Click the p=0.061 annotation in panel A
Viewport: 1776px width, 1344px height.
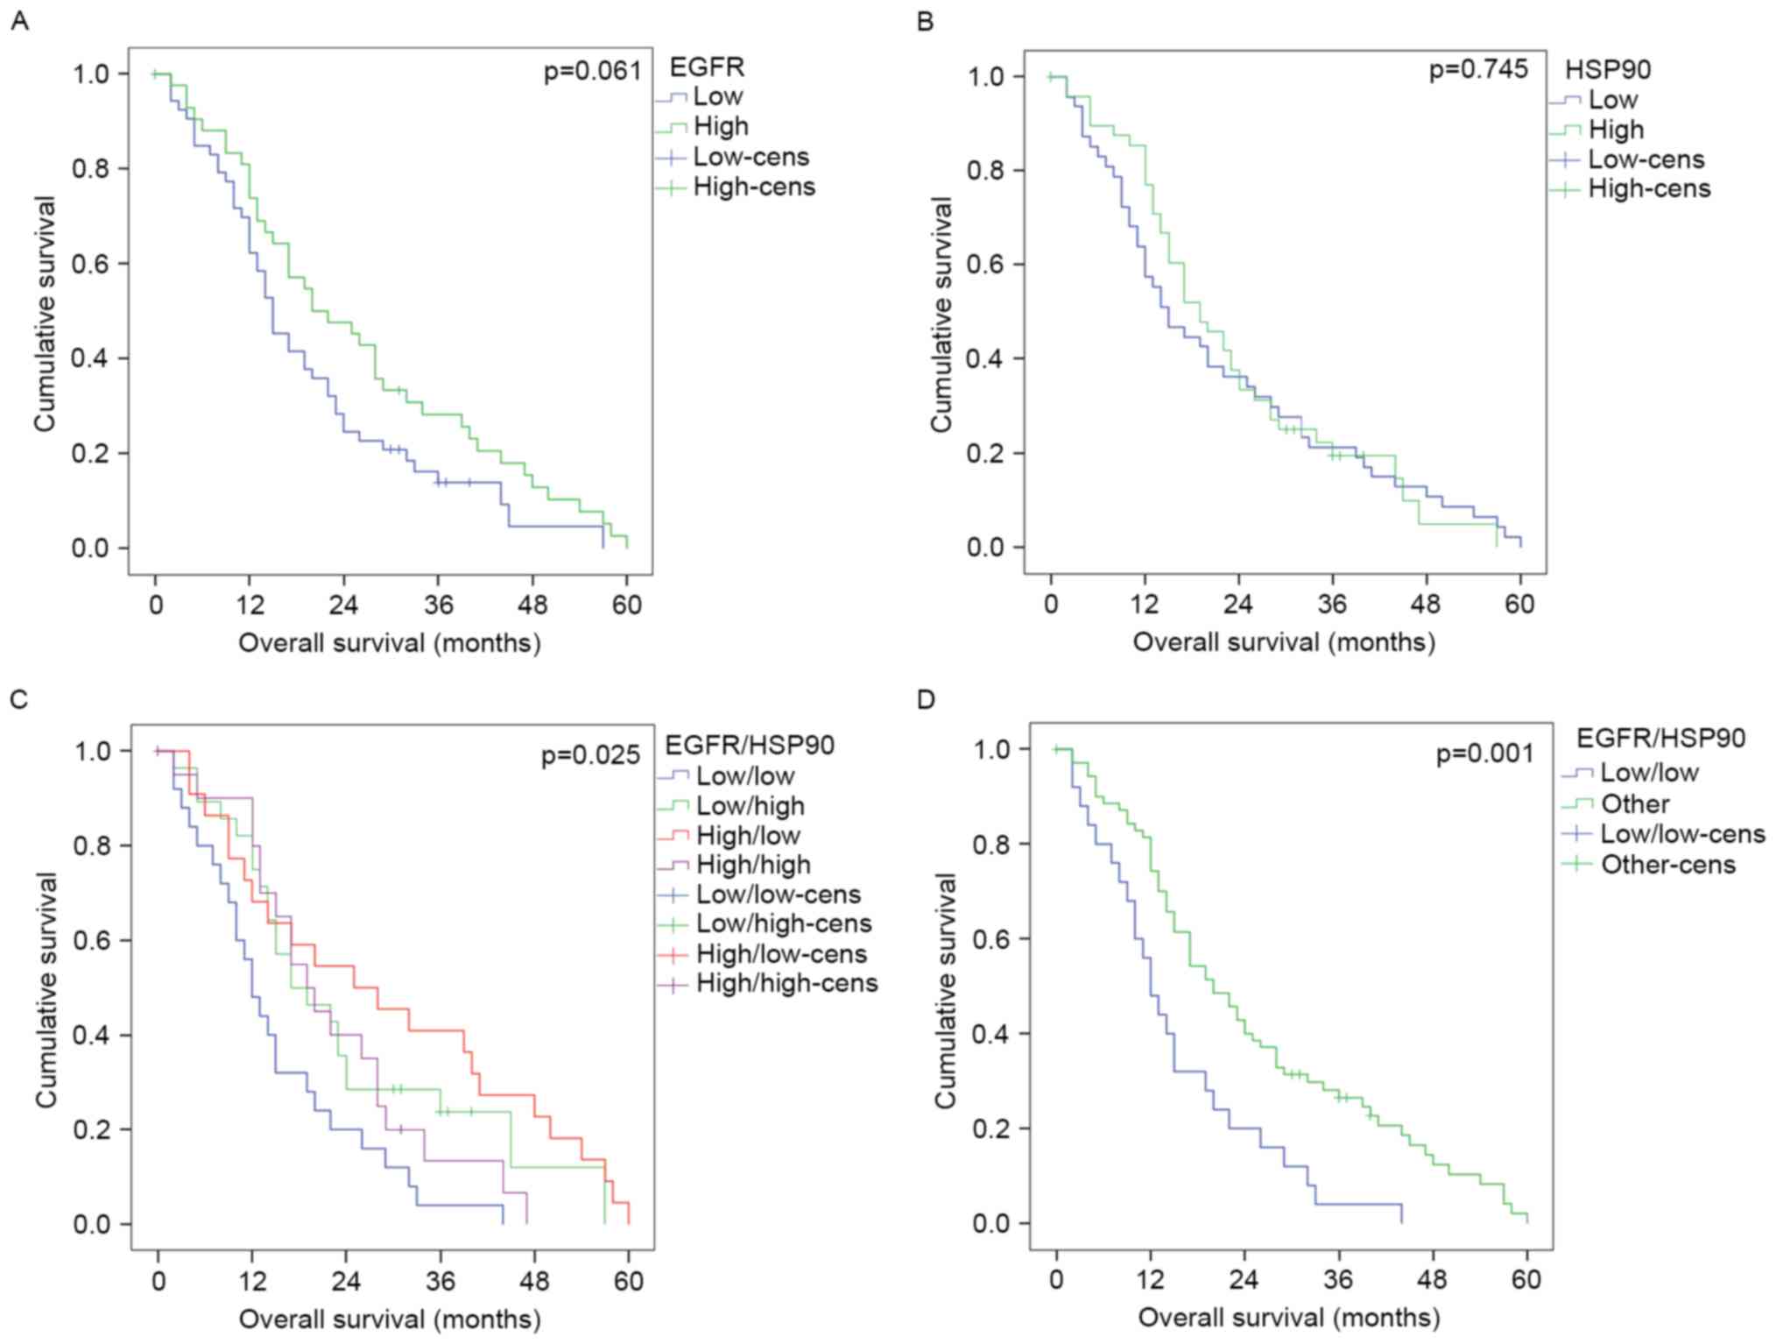pyautogui.click(x=593, y=71)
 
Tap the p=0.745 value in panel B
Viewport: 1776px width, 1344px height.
pyautogui.click(x=1478, y=69)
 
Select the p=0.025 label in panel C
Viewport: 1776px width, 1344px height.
pyautogui.click(x=590, y=754)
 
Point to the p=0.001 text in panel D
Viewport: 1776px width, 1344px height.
pyautogui.click(x=1485, y=753)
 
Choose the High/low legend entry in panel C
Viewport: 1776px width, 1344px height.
pyautogui.click(x=748, y=835)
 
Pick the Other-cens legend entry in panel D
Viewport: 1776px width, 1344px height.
pyautogui.click(x=1667, y=865)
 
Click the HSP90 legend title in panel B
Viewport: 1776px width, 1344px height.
pyautogui.click(x=1608, y=69)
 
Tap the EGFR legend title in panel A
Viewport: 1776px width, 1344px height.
pyautogui.click(x=706, y=67)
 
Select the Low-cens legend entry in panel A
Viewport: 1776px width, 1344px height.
pyautogui.click(x=751, y=157)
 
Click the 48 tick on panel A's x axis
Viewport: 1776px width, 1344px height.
pyautogui.click(x=532, y=605)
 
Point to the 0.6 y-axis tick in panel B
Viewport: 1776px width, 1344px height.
pyautogui.click(x=987, y=265)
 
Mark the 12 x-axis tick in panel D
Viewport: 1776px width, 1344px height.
pyautogui.click(x=1150, y=1279)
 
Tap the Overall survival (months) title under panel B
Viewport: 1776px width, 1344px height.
pyautogui.click(x=1284, y=642)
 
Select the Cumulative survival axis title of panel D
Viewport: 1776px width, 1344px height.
pyautogui.click(x=946, y=991)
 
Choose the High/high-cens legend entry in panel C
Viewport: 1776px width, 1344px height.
pyautogui.click(x=786, y=983)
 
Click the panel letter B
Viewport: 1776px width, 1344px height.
pyautogui.click(x=925, y=21)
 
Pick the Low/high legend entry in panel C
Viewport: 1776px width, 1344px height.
pyautogui.click(x=750, y=805)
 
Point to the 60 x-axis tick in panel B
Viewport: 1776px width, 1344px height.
pyautogui.click(x=1520, y=605)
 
